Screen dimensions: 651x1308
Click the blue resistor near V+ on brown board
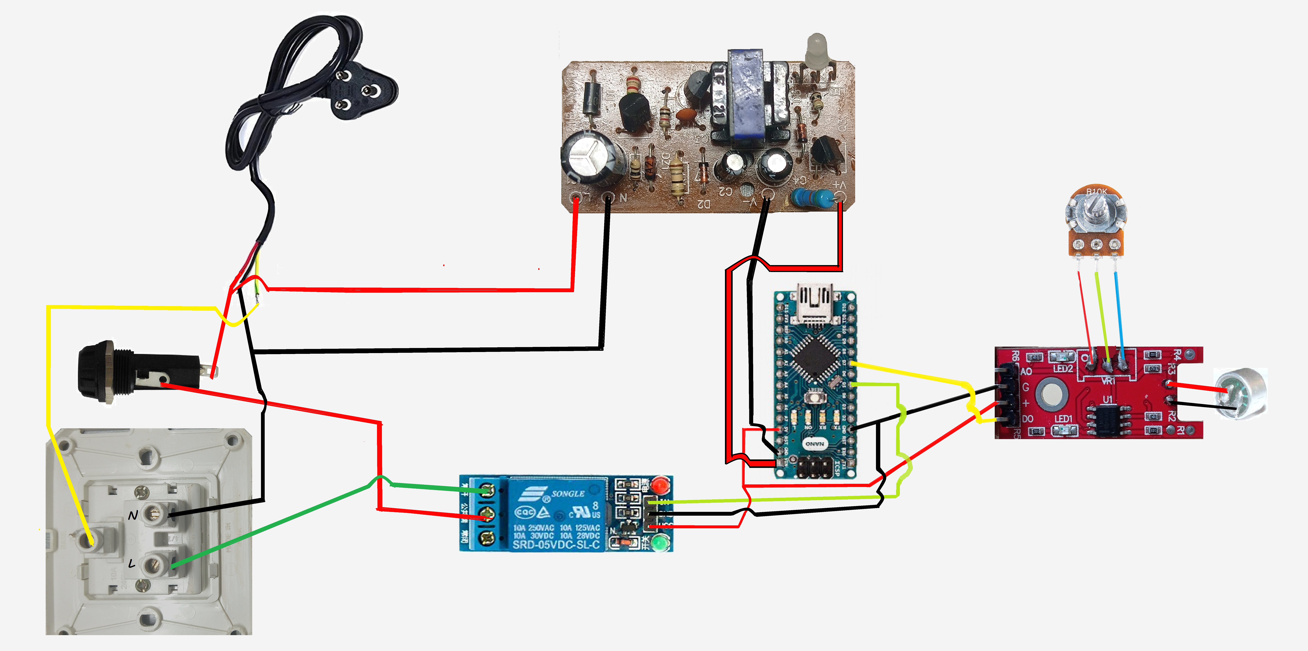pyautogui.click(x=812, y=197)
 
